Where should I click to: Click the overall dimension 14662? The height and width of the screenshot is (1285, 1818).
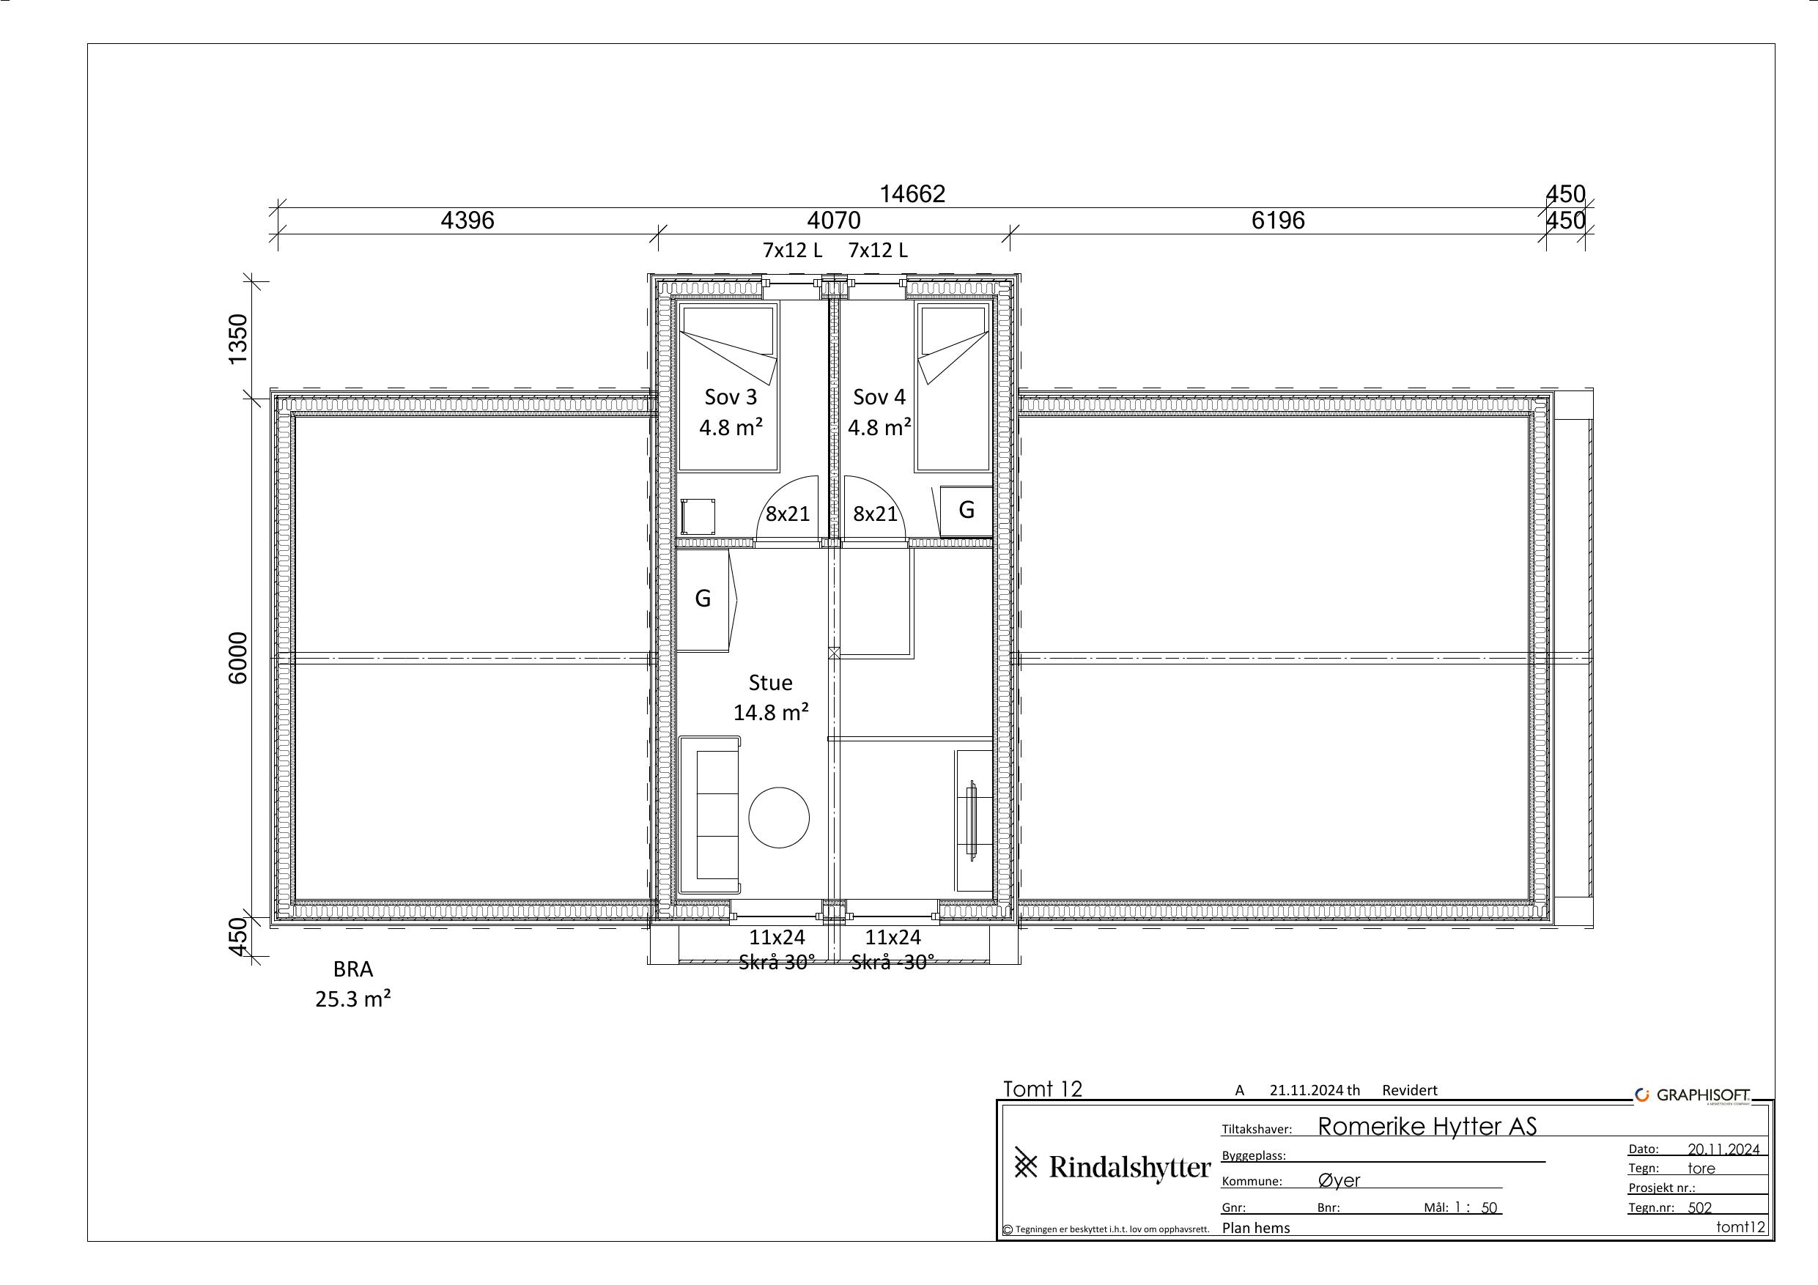(x=912, y=194)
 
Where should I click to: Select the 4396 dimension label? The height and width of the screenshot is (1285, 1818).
(x=468, y=220)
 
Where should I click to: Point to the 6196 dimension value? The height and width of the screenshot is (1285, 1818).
(x=1278, y=220)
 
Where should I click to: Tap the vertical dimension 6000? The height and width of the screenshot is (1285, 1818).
(x=237, y=658)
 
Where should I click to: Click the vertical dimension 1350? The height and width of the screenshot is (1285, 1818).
(x=237, y=339)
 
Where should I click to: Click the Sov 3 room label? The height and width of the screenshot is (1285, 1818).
(x=730, y=396)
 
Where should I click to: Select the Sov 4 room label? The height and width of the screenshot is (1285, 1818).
(x=879, y=396)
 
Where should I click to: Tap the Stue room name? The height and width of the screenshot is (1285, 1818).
(x=770, y=683)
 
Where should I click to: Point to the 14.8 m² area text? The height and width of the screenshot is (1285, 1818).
(x=770, y=713)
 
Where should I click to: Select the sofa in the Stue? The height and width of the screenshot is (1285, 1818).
(x=710, y=815)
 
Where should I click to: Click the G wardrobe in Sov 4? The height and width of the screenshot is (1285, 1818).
(x=966, y=511)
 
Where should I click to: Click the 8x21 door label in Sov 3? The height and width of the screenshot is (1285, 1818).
(x=788, y=514)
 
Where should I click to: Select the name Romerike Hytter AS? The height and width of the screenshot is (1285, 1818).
(x=1427, y=1127)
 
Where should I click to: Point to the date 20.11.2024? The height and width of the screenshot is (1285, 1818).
(x=1723, y=1149)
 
